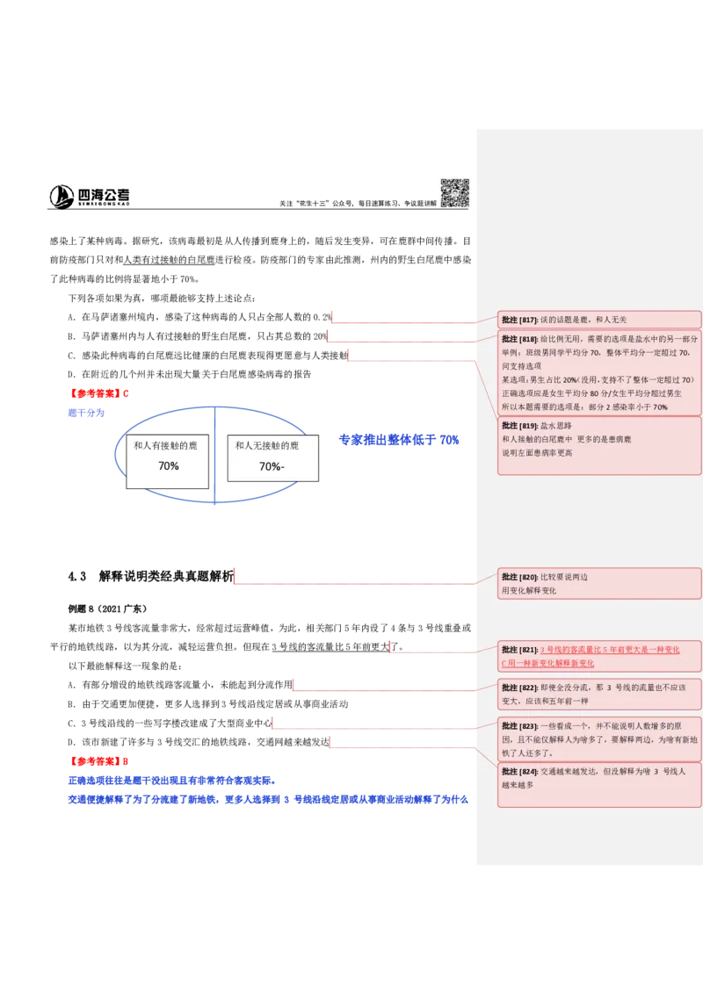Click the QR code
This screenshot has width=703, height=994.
click(454, 193)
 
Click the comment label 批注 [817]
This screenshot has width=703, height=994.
click(519, 320)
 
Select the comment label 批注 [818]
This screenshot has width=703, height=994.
click(519, 339)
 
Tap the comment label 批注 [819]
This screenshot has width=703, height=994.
click(519, 424)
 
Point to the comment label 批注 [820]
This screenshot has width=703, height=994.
click(519, 577)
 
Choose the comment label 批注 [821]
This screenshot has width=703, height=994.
click(519, 650)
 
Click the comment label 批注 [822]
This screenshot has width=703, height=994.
click(519, 687)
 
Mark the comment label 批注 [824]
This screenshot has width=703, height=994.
click(519, 771)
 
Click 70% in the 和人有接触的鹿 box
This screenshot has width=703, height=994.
click(168, 466)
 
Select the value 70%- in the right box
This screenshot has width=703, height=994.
click(272, 467)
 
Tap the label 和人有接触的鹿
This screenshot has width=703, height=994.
click(165, 446)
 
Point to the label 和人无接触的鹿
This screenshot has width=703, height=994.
click(267, 446)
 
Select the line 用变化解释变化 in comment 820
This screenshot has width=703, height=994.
click(529, 591)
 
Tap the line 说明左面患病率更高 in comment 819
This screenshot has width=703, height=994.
click(537, 453)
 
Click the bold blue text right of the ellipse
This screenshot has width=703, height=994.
click(400, 441)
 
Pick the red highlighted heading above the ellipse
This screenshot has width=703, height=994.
click(101, 393)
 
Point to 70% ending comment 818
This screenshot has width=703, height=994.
click(660, 407)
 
